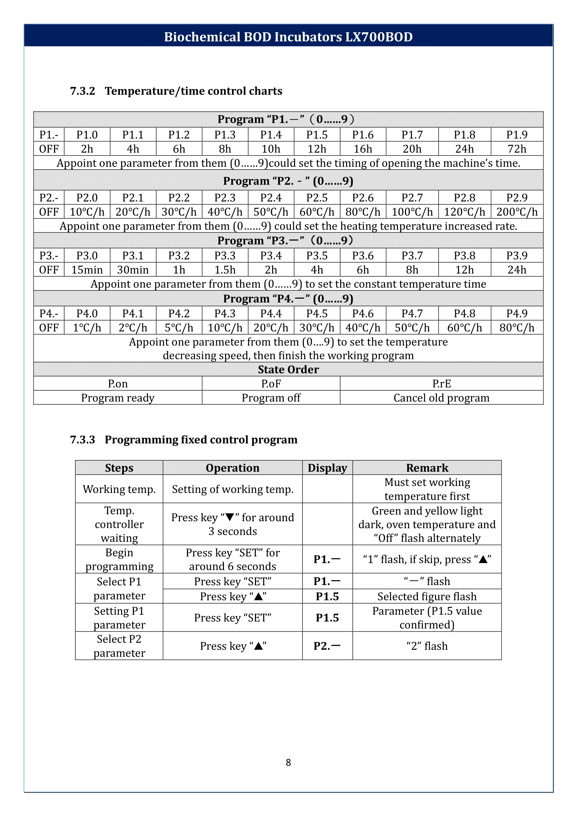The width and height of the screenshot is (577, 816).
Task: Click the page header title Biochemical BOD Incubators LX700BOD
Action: point(288,37)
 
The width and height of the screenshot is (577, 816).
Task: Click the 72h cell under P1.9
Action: point(517,149)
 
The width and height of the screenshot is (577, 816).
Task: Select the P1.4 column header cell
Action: point(271,135)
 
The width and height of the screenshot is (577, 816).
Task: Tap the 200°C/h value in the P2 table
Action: point(517,212)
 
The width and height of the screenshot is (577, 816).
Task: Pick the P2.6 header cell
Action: point(363,197)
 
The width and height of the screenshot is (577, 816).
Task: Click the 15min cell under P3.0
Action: point(87,270)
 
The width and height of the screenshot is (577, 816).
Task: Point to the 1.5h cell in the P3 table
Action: point(225,270)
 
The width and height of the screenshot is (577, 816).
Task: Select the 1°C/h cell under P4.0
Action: point(87,328)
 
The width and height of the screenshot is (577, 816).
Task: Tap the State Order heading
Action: point(288,369)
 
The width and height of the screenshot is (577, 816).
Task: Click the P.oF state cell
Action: point(271,384)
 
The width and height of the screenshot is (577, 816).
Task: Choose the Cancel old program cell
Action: point(441,398)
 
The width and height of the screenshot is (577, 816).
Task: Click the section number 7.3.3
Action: point(82,440)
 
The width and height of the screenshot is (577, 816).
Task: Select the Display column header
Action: point(327,468)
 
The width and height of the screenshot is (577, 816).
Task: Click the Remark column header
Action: point(427,468)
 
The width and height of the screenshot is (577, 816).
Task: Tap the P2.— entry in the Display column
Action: point(327,646)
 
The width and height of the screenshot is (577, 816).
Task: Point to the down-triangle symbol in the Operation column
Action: point(230,517)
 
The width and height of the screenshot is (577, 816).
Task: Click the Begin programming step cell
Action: point(119,559)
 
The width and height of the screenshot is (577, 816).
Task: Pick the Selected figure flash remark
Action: point(427,596)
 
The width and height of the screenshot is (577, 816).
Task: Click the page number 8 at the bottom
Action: point(288,762)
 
